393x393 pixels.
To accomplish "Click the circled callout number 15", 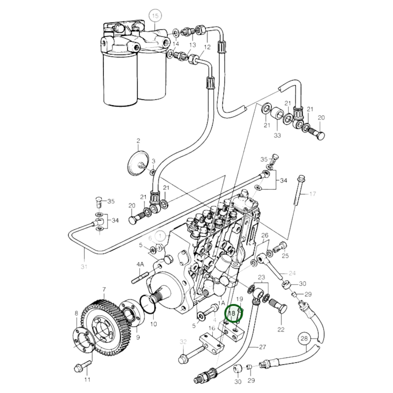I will pos(155,16).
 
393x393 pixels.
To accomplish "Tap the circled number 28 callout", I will pos(305,339).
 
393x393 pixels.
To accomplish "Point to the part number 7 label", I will pos(104,290).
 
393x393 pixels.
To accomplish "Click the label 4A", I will pos(140,264).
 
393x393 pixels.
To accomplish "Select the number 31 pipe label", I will pos(84,267).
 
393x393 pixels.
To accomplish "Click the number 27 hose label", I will pos(262,347).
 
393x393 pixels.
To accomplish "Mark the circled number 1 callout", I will pos(160,236).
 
